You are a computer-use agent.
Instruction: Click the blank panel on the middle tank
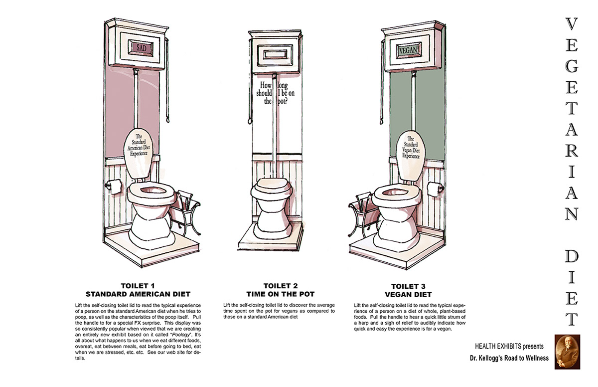coord(275,53)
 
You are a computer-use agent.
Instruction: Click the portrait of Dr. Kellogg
coord(568,351)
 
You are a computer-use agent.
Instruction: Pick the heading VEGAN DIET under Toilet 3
coord(411,294)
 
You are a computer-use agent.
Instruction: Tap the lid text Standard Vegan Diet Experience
coord(411,148)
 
